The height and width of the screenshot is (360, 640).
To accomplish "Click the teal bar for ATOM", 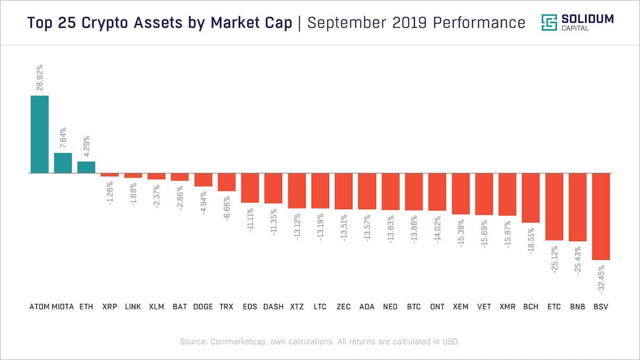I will coord(39,134).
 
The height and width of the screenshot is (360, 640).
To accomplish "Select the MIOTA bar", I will coord(63,163).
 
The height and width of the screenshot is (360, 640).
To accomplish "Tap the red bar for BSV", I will coord(601,217).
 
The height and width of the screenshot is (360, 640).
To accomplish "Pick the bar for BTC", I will coord(414,191).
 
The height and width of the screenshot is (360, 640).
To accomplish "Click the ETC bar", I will coord(554,207).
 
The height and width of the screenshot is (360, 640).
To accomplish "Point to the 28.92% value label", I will coord(40,78).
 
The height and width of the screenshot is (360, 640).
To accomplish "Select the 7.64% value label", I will coord(63,138).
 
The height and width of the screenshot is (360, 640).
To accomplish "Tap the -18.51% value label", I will coord(531,241).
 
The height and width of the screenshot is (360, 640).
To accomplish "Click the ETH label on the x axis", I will coord(86,307).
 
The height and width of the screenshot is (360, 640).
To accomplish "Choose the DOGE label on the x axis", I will coord(203,307).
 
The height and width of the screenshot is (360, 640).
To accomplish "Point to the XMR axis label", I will coord(507,307).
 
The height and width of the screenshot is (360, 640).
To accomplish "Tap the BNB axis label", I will coord(578,307).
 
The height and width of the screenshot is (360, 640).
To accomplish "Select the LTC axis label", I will coord(320,307).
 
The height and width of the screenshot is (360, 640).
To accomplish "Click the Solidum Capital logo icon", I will coord(549,22).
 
